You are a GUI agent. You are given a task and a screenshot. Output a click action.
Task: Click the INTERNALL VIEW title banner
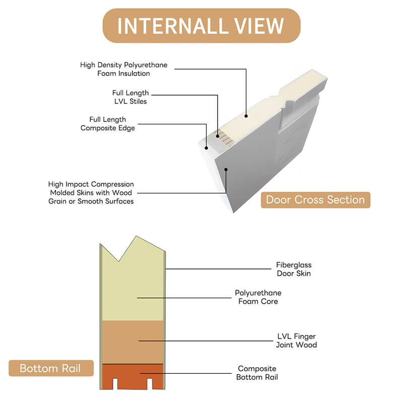[x=201, y=26]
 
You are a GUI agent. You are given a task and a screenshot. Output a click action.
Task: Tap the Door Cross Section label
[x=315, y=199]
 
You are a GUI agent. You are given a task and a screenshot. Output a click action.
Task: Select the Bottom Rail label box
[x=51, y=368]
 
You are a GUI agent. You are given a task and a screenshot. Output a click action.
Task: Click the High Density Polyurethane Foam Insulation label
[x=123, y=69]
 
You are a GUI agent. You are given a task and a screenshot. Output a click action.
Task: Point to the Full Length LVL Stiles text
[x=130, y=97]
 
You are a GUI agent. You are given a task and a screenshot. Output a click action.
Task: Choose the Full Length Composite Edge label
[x=108, y=123]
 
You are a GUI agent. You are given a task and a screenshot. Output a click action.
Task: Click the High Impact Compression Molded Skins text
[x=91, y=192]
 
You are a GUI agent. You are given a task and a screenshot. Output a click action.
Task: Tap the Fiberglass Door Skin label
[x=294, y=269]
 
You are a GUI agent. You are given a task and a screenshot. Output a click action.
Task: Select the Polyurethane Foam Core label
[x=258, y=297]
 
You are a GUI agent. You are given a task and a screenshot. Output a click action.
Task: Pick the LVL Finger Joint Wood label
[x=296, y=341]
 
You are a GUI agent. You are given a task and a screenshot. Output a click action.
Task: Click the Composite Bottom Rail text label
[x=257, y=373]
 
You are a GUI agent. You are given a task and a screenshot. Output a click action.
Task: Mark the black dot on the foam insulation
[x=246, y=116]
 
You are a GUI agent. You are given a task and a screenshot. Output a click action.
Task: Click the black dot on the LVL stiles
[x=218, y=136]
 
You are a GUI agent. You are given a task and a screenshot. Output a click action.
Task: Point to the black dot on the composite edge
[x=206, y=148]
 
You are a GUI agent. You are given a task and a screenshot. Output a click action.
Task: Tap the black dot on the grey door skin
[x=226, y=169]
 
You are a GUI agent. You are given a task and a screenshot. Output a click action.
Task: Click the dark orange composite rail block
[x=132, y=371]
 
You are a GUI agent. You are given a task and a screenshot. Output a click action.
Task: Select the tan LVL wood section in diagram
[x=132, y=342]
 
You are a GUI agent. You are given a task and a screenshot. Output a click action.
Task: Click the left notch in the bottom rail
[x=115, y=383]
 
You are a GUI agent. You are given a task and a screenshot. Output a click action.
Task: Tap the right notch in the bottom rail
[x=149, y=383]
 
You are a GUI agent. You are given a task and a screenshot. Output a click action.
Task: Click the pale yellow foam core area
[x=132, y=291]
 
